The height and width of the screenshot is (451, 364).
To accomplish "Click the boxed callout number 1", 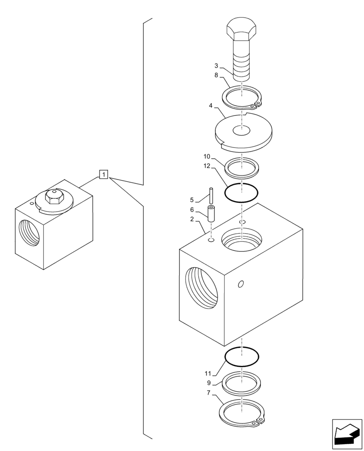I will coord(104,174).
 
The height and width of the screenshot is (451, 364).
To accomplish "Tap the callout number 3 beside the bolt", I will coord(217,65).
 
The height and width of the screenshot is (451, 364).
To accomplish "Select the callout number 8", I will coord(217,75).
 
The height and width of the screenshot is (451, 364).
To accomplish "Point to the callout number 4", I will coord(210,107).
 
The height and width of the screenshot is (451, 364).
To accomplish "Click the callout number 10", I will coord(206,156).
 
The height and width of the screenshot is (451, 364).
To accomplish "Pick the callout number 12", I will coord(206,166).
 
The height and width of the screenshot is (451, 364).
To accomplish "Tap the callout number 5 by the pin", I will coord(191,199).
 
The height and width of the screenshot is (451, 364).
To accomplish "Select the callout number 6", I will coord(191,210).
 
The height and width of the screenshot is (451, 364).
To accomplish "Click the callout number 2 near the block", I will coord(192,219).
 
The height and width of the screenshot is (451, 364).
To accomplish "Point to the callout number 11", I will coord(208,373).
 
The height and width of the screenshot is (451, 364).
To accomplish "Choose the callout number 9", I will coord(209,383).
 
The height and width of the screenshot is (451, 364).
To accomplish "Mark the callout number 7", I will coord(209,393).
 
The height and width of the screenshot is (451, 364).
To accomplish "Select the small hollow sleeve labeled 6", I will coord(211,213).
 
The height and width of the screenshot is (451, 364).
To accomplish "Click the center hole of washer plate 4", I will coord(241,131).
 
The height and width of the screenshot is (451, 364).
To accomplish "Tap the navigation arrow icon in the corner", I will coord(346,433).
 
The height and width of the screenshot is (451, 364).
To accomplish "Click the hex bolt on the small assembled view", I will coord(54,197).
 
